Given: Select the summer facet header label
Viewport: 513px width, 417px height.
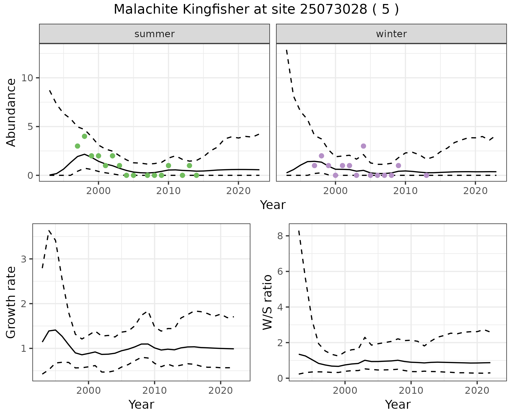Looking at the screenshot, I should [154, 34].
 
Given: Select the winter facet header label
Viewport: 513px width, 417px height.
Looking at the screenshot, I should [391, 34].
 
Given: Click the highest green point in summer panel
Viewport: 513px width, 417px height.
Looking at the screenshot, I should [84, 136].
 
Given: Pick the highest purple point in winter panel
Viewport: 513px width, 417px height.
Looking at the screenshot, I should [363, 146].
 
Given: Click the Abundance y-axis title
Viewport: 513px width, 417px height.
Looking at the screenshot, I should [11, 112].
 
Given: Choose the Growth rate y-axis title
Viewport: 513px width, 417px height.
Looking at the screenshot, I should [11, 302].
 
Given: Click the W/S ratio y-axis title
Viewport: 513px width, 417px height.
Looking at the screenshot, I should [267, 302].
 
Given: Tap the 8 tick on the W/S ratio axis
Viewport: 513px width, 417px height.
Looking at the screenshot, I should [280, 236].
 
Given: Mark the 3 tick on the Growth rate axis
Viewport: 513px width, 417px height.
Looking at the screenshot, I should [24, 259].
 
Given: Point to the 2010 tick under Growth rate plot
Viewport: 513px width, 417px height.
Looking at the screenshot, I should [154, 391].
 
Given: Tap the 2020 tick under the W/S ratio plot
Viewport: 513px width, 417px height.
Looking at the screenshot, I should [477, 391].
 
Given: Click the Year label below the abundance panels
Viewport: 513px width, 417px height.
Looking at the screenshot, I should [273, 205].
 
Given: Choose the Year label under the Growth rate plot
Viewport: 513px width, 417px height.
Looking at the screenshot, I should [141, 405].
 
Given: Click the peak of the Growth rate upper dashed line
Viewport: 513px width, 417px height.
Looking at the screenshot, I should [49, 230].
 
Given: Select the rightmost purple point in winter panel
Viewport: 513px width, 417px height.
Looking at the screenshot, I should [426, 175].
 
